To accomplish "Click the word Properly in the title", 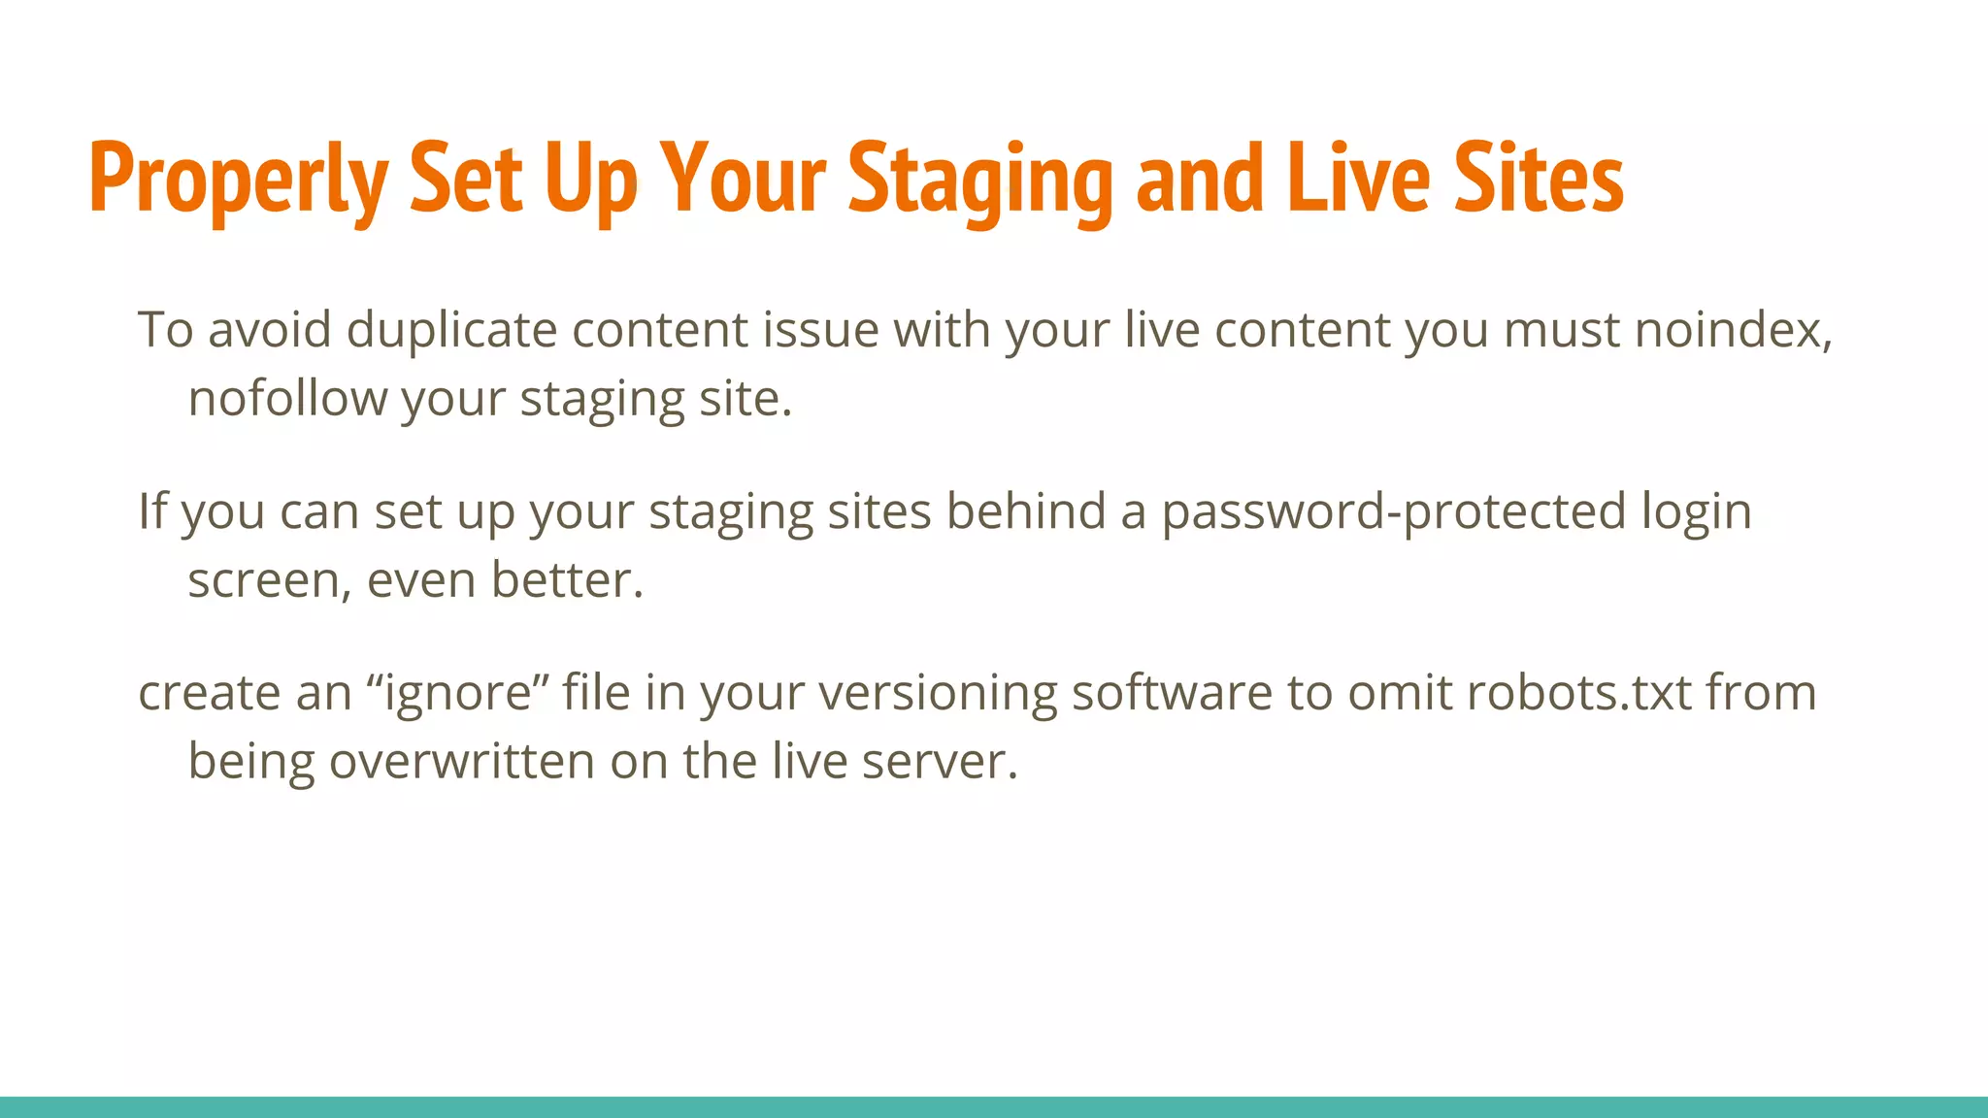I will click(238, 180).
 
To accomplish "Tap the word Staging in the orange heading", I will click(980, 180).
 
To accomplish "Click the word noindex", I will click(1733, 330).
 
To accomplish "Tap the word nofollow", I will click(287, 399).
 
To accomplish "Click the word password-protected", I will click(1394, 511).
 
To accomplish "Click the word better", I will click(567, 580).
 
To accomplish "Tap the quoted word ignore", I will click(458, 693).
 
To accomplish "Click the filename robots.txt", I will click(1579, 693).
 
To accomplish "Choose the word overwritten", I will click(461, 761).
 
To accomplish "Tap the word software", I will click(1172, 693).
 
